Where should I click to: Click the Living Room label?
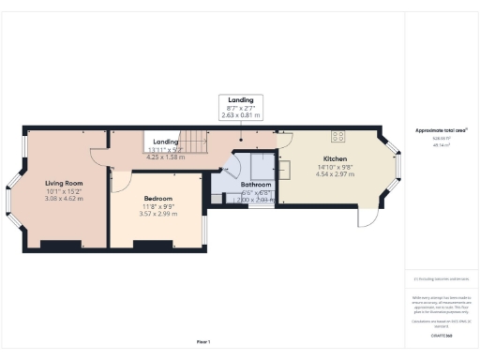pos(65,183)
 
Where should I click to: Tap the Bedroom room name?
pos(158,199)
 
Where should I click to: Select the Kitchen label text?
pos(335,158)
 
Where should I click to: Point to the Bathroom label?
pos(242,185)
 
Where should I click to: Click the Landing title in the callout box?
pos(240,100)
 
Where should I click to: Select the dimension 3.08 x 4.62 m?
pos(65,198)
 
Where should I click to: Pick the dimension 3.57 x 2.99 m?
pos(158,214)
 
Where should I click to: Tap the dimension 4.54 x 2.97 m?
pos(335,173)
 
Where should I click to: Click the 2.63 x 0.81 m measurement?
pos(240,115)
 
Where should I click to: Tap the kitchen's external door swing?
pos(368,217)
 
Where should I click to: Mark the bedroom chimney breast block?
pos(149,246)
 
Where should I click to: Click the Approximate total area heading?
pos(441,130)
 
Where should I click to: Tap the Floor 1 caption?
pos(203,340)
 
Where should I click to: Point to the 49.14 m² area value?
pos(440,145)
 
